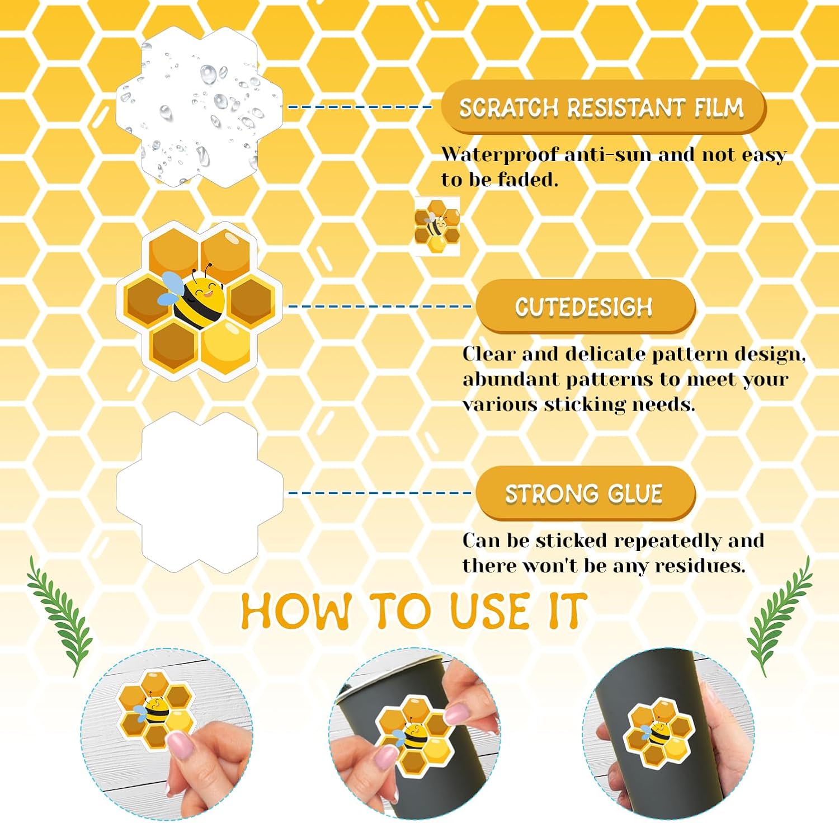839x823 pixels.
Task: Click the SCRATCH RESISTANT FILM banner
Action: click(x=603, y=107)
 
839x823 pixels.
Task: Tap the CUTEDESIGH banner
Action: click(x=585, y=307)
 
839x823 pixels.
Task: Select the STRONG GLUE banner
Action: click(x=585, y=494)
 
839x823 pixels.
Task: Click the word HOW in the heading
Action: click(x=296, y=612)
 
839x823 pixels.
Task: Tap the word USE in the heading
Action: click(x=490, y=612)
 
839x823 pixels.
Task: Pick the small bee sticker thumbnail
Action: click(x=437, y=226)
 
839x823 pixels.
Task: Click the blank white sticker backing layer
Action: click(x=200, y=493)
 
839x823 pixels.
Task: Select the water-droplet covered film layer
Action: click(x=200, y=106)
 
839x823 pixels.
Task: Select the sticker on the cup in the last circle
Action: click(x=658, y=732)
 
